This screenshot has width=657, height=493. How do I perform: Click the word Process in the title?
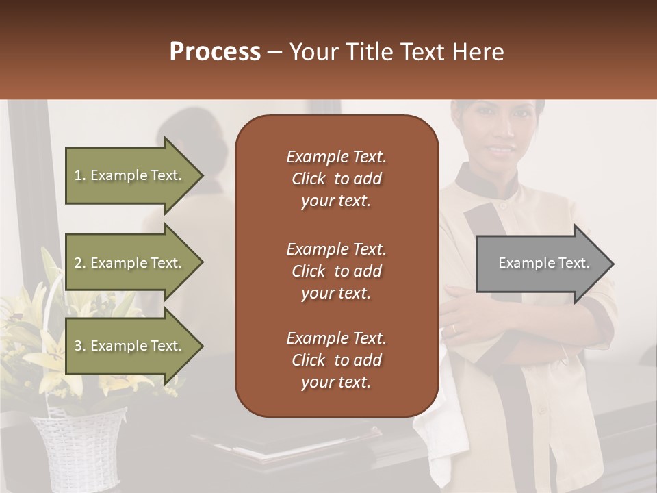point(215,52)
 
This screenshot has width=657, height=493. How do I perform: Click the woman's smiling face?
point(500,134)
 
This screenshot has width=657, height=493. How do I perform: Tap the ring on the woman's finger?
point(453,329)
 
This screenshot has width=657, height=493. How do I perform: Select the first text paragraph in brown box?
point(336,179)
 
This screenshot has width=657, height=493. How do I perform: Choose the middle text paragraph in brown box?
point(336,271)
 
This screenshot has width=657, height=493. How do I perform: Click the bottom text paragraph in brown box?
point(336,360)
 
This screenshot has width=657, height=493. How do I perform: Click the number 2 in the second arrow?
point(79,263)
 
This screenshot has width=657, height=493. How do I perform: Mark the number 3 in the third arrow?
point(79,346)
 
